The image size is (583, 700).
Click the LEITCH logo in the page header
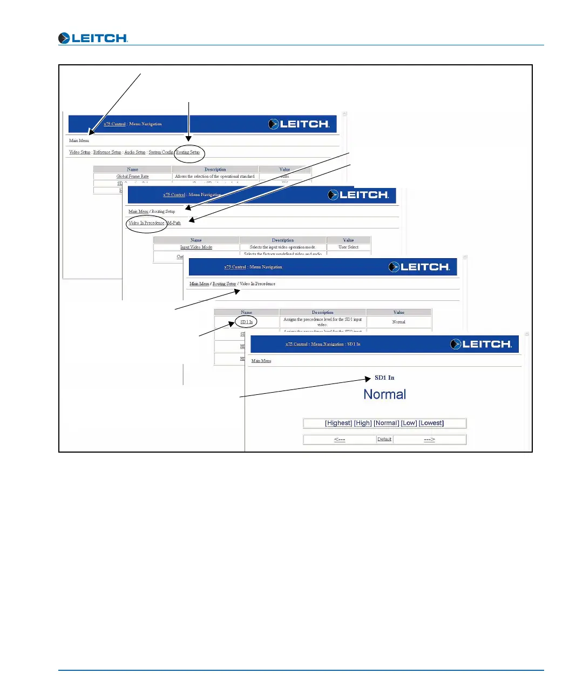tap(93, 38)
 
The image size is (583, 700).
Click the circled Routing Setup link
tap(188, 152)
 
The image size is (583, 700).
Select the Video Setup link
tap(80, 152)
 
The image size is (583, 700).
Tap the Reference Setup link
tap(107, 152)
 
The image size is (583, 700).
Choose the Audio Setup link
tap(135, 152)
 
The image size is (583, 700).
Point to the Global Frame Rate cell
tap(133, 177)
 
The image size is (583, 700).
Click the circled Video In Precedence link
tap(146, 223)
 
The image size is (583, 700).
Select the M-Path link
tap(174, 223)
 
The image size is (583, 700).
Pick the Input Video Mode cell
tap(196, 247)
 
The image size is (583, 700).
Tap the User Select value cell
tap(348, 247)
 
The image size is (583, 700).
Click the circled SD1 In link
tap(246, 322)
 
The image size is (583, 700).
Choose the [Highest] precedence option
tap(338, 423)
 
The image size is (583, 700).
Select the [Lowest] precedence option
tap(431, 423)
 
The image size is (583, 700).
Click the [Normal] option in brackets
tap(387, 423)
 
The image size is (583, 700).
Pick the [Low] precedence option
tap(409, 423)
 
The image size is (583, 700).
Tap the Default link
tap(384, 440)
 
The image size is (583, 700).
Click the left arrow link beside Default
tap(340, 440)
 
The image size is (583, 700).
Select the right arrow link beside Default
tap(429, 440)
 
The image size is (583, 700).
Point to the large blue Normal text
tap(385, 395)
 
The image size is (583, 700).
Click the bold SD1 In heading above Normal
tap(384, 378)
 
